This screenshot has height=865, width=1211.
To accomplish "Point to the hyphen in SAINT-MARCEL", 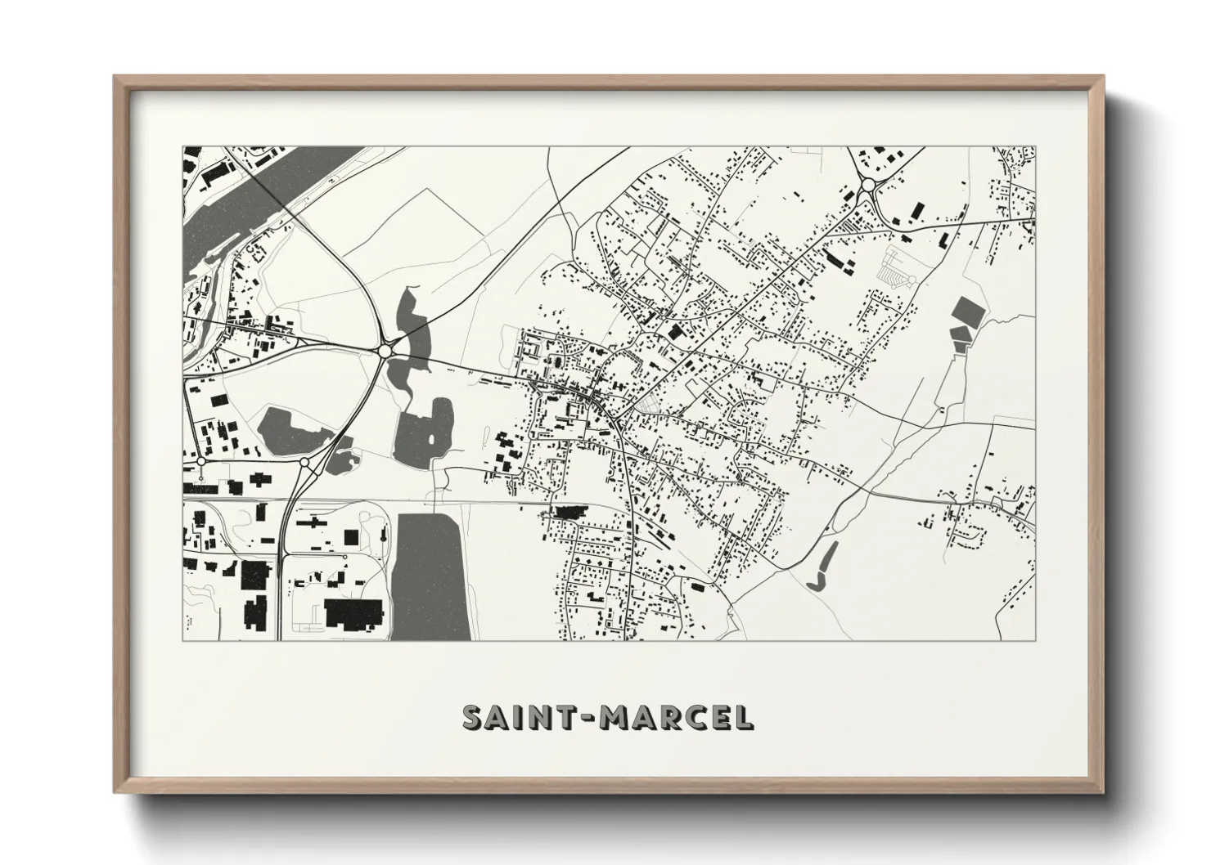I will (x=592, y=718).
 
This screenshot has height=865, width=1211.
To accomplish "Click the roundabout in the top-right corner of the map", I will (x=867, y=186).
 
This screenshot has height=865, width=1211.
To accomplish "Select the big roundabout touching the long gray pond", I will (x=385, y=351).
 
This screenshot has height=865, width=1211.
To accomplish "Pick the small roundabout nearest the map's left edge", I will (x=200, y=462).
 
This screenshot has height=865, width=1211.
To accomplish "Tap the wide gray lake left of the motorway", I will (x=295, y=429).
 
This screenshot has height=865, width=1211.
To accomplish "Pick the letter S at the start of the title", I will (x=472, y=717).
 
